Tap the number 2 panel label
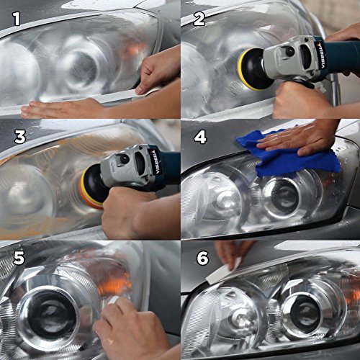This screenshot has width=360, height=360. (x=199, y=17)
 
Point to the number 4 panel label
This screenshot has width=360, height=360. (x=199, y=136)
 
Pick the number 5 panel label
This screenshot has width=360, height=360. (x=16, y=257)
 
